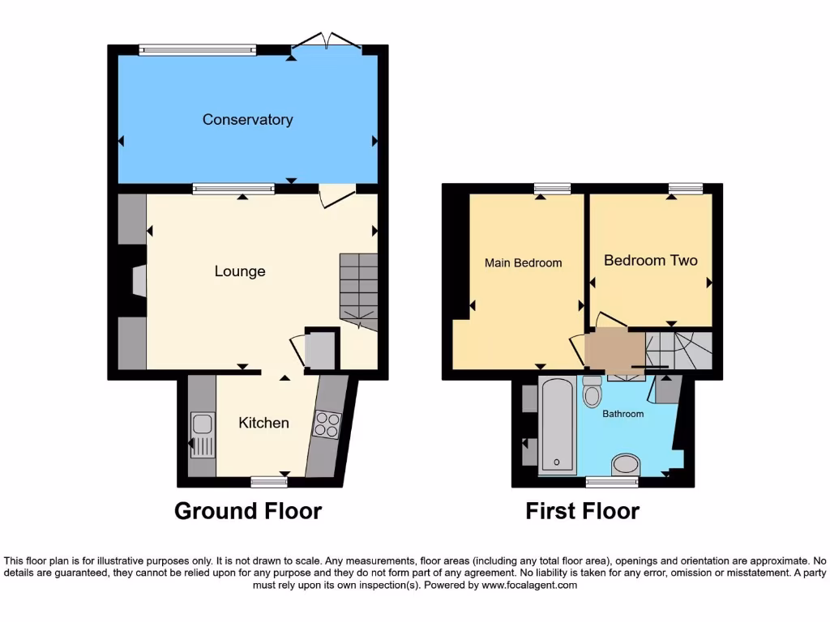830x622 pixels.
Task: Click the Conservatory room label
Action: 247,120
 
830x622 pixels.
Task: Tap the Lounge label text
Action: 240,271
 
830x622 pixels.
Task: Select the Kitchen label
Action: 263,423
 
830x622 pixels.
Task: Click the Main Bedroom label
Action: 523,262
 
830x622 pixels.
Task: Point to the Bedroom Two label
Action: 650,260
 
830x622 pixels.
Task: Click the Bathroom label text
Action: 622,414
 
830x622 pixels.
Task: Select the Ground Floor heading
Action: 248,511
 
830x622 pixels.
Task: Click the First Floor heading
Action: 582,511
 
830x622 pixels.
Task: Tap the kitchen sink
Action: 202,435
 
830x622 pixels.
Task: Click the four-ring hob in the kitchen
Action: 327,424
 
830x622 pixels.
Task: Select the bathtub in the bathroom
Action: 557,425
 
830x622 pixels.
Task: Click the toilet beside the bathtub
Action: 593,393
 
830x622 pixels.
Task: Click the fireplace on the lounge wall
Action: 139,283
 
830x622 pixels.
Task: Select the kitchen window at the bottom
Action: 269,482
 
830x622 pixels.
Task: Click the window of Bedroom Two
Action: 685,189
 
